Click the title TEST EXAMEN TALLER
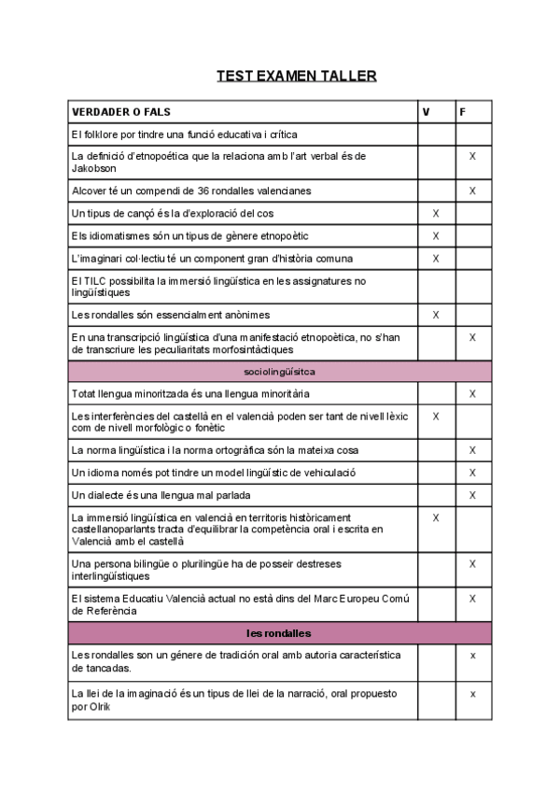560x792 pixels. click(x=296, y=76)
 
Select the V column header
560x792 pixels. click(x=427, y=112)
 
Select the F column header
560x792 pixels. click(x=463, y=112)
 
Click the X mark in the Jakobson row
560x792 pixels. click(x=472, y=156)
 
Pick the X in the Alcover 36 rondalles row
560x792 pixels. click(x=472, y=191)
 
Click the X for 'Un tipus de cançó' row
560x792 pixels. click(x=436, y=214)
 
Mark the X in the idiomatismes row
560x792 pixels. click(x=436, y=236)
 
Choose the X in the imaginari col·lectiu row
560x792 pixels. click(x=436, y=259)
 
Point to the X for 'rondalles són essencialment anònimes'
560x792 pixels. click(x=436, y=315)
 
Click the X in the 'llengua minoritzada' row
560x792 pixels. click(x=472, y=394)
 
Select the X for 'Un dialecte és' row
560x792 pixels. click(x=472, y=495)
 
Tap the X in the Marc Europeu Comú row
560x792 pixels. click(x=472, y=598)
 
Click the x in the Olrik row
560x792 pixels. click(x=473, y=694)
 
